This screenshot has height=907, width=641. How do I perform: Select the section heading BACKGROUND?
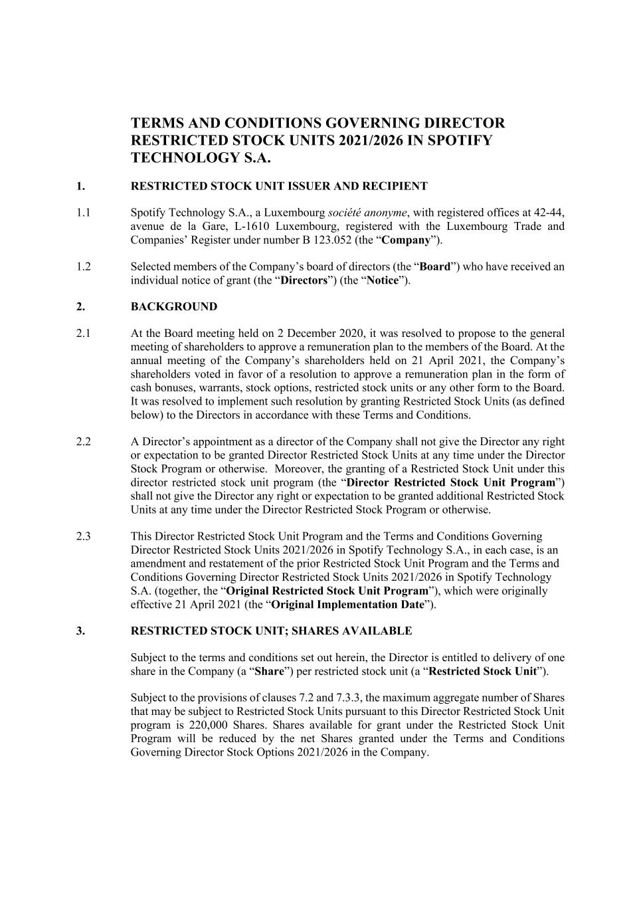tap(173, 306)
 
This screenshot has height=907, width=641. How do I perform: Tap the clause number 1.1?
tap(83, 213)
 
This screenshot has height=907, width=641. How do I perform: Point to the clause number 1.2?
tap(83, 266)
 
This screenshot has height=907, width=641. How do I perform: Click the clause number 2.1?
tap(83, 334)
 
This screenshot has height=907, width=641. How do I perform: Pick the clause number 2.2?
tap(83, 442)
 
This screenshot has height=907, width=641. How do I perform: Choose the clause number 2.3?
tap(83, 536)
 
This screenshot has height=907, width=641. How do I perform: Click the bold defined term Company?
tap(405, 240)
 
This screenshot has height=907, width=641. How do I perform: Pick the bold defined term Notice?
tap(383, 280)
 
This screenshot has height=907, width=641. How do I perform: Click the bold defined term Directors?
tap(304, 280)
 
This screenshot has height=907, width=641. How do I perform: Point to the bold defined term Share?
tap(269, 671)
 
